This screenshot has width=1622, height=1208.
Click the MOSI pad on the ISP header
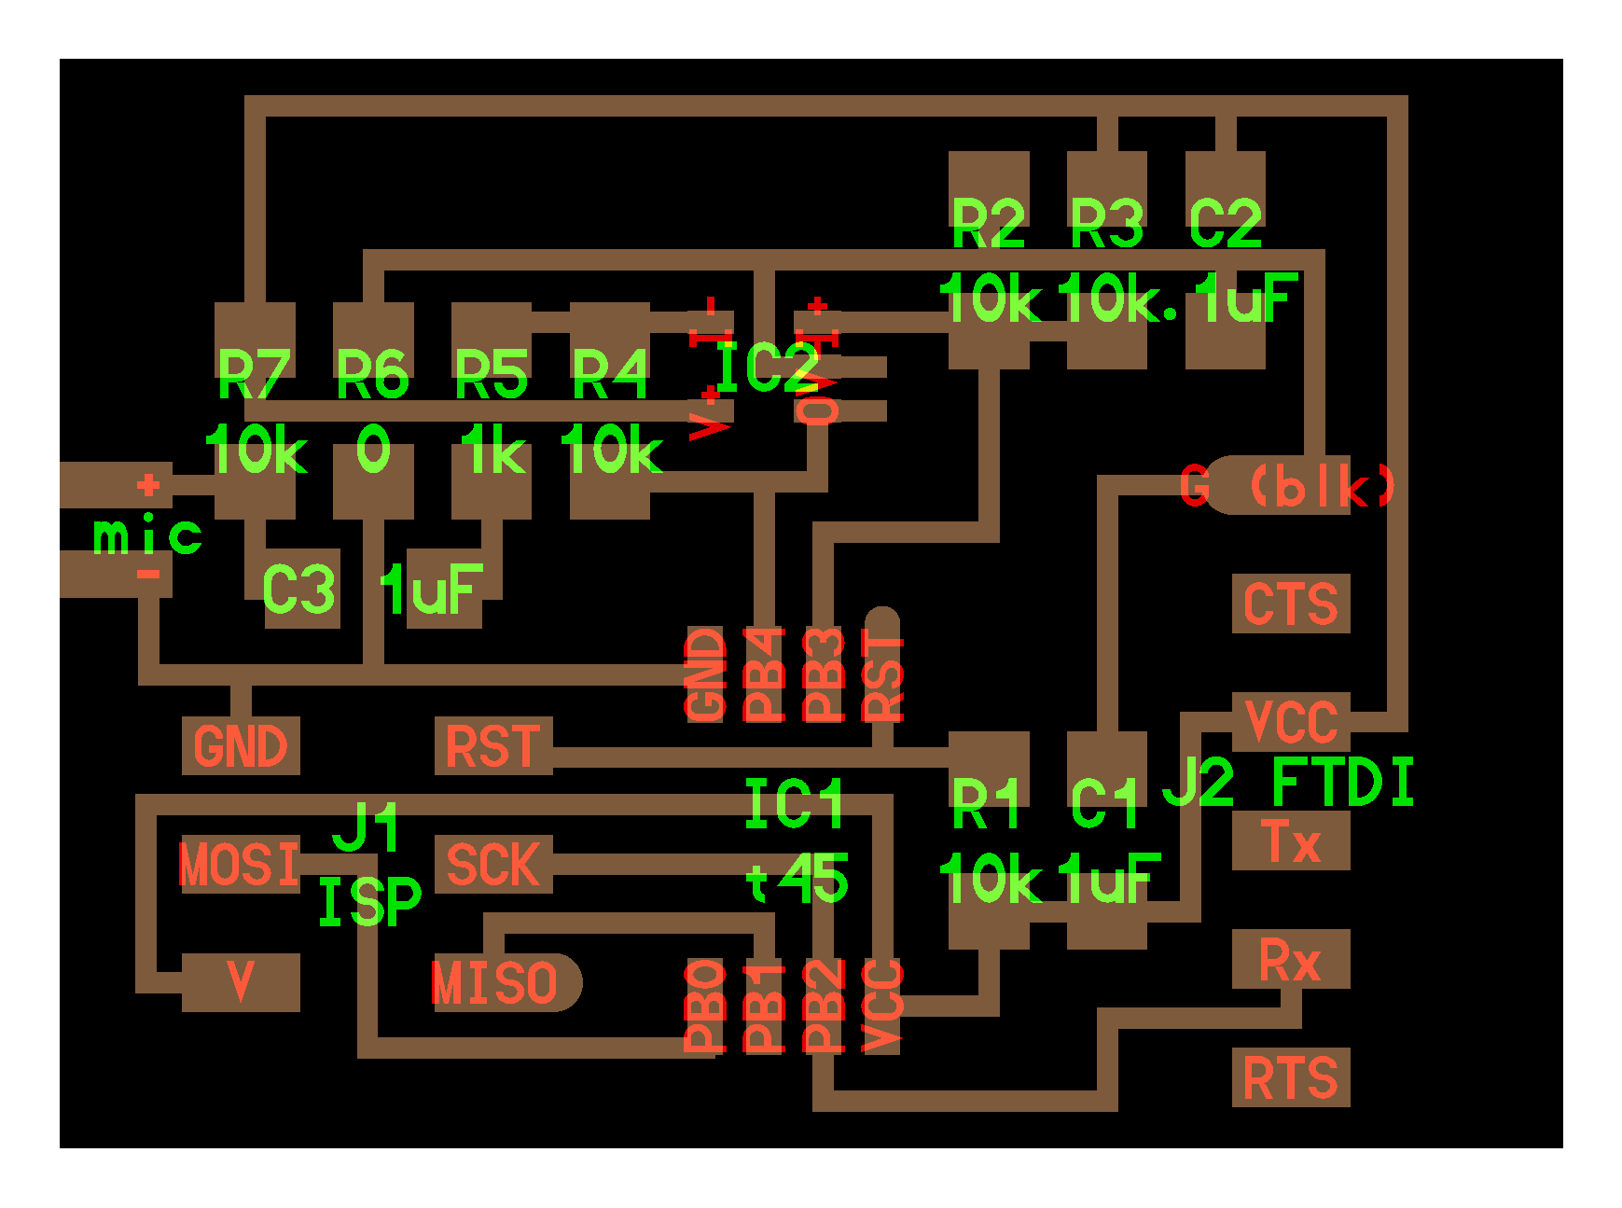point(240,864)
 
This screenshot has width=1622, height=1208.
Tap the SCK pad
point(493,864)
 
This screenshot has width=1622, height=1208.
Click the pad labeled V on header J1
point(241,981)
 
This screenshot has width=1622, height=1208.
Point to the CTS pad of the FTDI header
point(1291,604)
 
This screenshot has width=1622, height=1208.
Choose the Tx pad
point(1291,840)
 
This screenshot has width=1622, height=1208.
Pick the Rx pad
point(1291,959)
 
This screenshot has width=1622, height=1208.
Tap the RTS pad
point(1291,1077)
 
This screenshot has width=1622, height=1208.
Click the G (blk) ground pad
point(1287,485)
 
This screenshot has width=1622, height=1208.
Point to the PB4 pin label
point(764,674)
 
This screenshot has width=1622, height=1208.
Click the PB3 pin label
point(824,674)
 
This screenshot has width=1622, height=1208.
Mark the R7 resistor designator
point(254,374)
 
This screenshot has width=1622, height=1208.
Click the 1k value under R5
point(492,451)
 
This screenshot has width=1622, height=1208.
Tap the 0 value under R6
point(373,451)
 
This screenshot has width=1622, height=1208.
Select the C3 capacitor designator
point(298,590)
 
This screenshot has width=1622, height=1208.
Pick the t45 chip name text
point(797,879)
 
